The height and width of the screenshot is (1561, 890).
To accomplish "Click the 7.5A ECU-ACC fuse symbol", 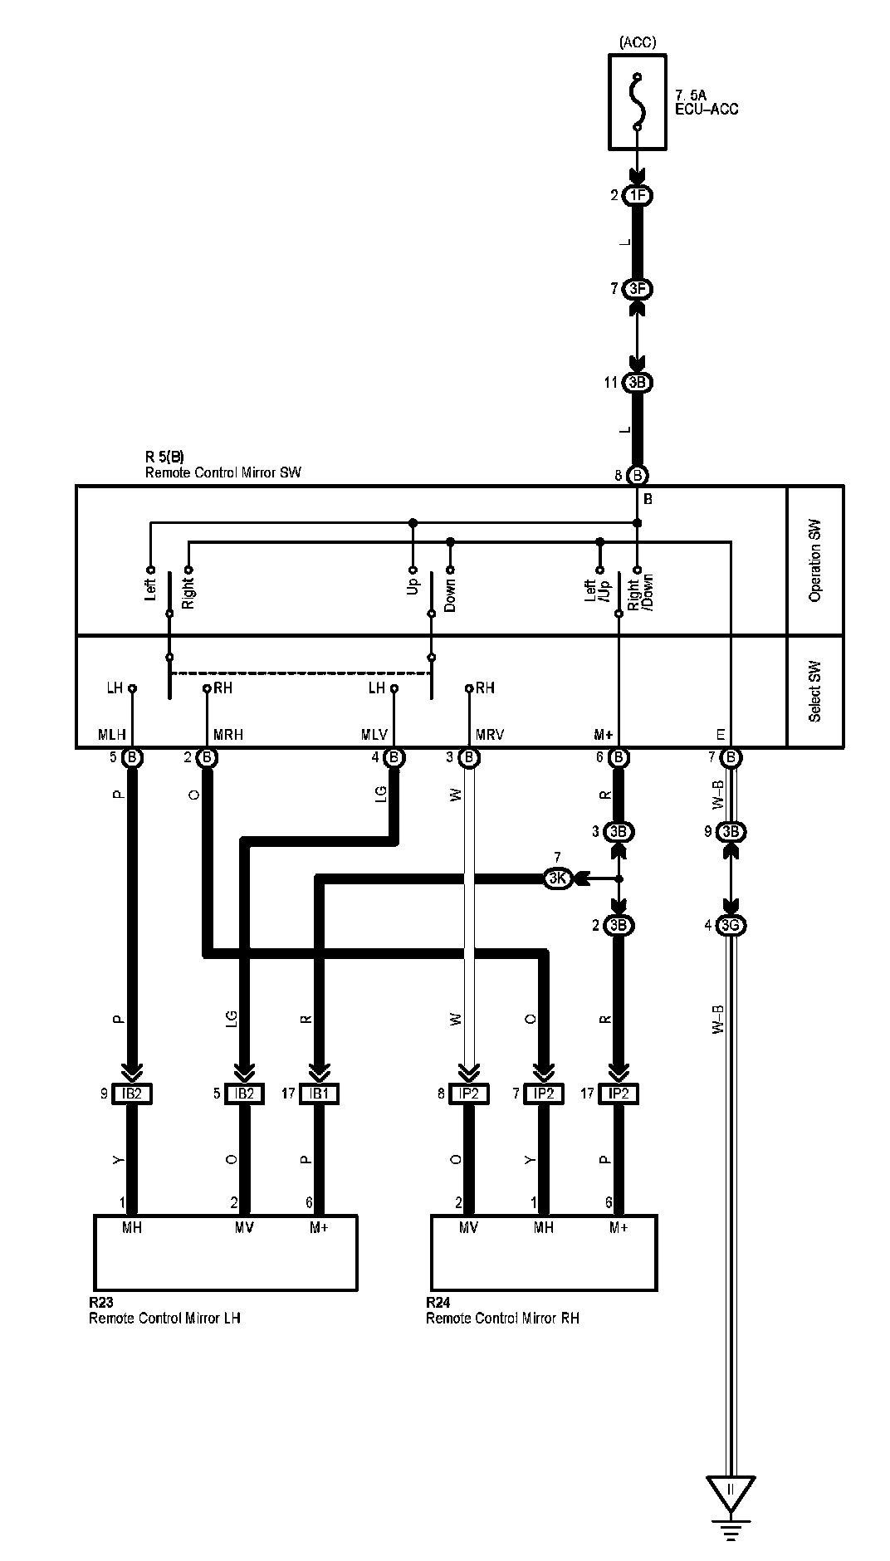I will [x=638, y=102].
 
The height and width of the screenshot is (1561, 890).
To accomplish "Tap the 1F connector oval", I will [x=638, y=196].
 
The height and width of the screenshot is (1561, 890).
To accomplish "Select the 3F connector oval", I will [x=638, y=289].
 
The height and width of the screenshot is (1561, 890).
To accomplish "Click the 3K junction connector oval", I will [x=557, y=878].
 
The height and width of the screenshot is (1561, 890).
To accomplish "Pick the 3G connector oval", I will [x=731, y=925].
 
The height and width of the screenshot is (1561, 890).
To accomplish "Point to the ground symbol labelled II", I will [x=731, y=1491].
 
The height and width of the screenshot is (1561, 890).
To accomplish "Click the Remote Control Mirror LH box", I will [x=226, y=1252].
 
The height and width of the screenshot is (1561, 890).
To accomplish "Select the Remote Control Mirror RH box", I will [x=544, y=1252].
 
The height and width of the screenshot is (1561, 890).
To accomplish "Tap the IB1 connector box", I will [x=320, y=1094].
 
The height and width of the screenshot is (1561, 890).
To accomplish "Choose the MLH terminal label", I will [x=112, y=734].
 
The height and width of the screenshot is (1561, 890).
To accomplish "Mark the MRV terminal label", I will [x=490, y=734].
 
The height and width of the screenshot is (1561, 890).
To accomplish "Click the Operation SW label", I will [x=815, y=560].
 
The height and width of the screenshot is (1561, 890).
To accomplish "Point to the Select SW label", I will [x=815, y=691].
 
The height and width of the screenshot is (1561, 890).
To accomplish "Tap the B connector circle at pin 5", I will [x=132, y=757].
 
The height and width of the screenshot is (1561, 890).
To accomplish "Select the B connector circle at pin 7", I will [x=731, y=757].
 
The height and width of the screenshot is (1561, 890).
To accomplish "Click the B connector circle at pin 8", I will [x=638, y=476].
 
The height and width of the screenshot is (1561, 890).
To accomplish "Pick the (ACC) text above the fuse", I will [x=638, y=42].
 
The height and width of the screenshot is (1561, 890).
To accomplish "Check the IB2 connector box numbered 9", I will [x=132, y=1094].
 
